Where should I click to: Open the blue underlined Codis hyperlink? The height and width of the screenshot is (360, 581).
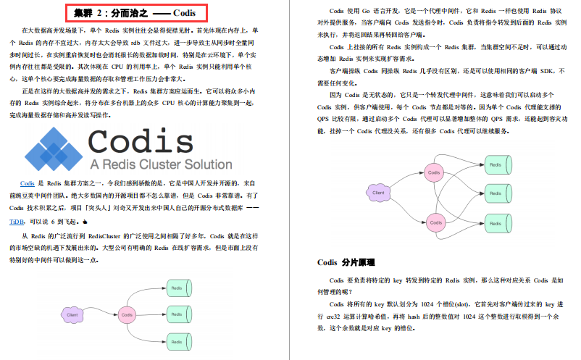(28, 184)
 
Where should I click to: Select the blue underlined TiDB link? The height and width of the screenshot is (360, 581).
(17, 222)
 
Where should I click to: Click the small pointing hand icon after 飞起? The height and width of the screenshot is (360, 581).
(85, 222)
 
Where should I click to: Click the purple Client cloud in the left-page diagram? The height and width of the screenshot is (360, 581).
(72, 315)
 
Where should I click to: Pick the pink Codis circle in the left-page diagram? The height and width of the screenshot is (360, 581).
(128, 314)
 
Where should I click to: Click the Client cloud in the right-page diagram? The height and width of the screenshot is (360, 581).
(378, 193)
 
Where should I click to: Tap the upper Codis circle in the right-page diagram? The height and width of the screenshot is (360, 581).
(434, 172)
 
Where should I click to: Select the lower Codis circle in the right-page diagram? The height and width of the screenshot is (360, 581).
(434, 222)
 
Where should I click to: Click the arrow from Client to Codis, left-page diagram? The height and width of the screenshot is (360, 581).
(101, 315)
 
